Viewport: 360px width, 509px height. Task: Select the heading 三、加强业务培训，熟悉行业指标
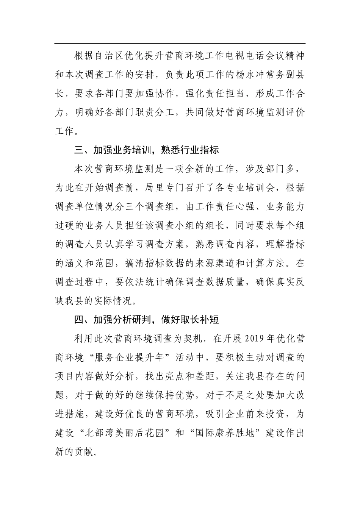[147, 150]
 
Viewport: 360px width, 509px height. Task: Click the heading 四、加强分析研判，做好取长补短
[147, 319]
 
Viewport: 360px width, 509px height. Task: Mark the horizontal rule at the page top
[180, 44]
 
